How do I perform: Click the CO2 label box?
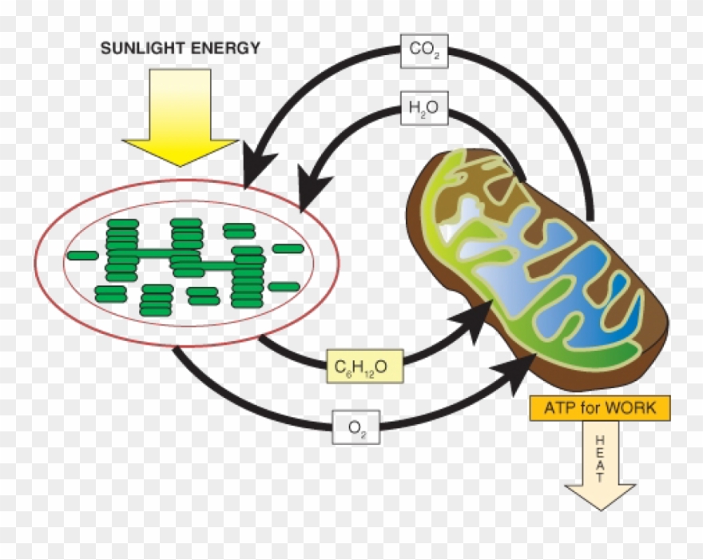(x=424, y=50)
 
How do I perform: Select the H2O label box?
(x=424, y=109)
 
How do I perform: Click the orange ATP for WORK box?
(x=600, y=408)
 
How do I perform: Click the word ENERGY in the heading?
(x=226, y=48)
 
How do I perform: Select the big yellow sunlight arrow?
(x=180, y=117)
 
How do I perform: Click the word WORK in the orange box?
(x=630, y=408)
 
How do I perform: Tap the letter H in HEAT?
(x=600, y=439)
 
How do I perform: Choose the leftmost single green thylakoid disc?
(x=82, y=256)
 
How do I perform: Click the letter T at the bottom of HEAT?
(x=600, y=478)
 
